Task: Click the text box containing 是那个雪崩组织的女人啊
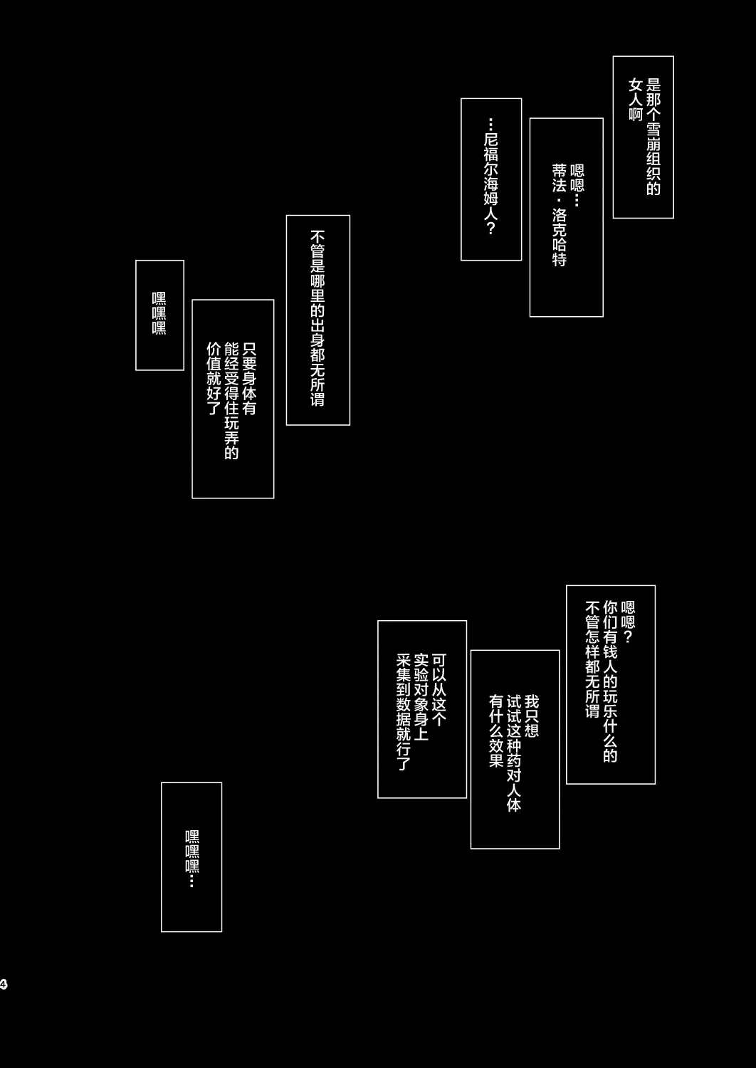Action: pyautogui.click(x=643, y=137)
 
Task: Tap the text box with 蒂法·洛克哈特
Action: pyautogui.click(x=566, y=217)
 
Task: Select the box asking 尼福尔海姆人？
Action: pyautogui.click(x=491, y=179)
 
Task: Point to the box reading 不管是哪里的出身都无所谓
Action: pyautogui.click(x=318, y=320)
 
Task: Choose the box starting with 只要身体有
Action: pyautogui.click(x=233, y=399)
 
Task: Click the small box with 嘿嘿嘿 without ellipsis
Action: pyautogui.click(x=159, y=315)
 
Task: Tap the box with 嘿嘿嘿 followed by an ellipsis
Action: pyautogui.click(x=191, y=857)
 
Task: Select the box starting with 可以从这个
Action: pyautogui.click(x=422, y=709)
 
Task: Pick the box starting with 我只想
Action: pyautogui.click(x=515, y=749)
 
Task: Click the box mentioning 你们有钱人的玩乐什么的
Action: pyautogui.click(x=611, y=684)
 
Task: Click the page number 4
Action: pyautogui.click(x=4, y=984)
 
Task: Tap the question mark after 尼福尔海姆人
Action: pyautogui.click(x=490, y=228)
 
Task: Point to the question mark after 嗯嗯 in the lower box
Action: pyautogui.click(x=628, y=637)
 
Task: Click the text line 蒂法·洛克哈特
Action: pyautogui.click(x=559, y=215)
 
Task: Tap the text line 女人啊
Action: pyautogui.click(x=636, y=100)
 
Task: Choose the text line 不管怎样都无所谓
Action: pyautogui.click(x=592, y=659)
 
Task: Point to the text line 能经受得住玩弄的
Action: pyautogui.click(x=231, y=400)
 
